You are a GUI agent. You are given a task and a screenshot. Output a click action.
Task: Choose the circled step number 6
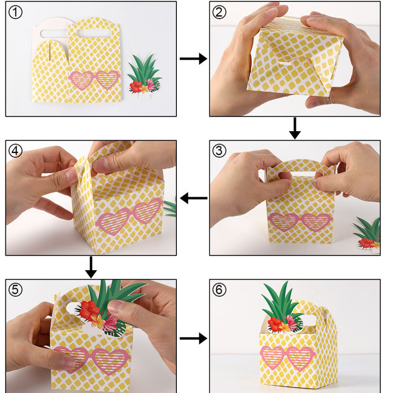click(x=220, y=289)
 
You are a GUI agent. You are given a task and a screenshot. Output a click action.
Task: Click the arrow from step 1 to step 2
click(x=193, y=59)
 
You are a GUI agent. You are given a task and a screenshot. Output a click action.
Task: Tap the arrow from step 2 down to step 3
click(x=295, y=128)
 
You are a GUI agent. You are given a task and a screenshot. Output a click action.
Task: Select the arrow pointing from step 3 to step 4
click(x=193, y=198)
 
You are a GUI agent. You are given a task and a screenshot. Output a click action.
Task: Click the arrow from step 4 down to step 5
click(x=91, y=267)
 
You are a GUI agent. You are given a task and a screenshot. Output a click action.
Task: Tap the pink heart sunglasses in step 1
click(x=95, y=80)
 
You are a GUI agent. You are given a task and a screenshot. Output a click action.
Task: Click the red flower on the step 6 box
click(x=276, y=324)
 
